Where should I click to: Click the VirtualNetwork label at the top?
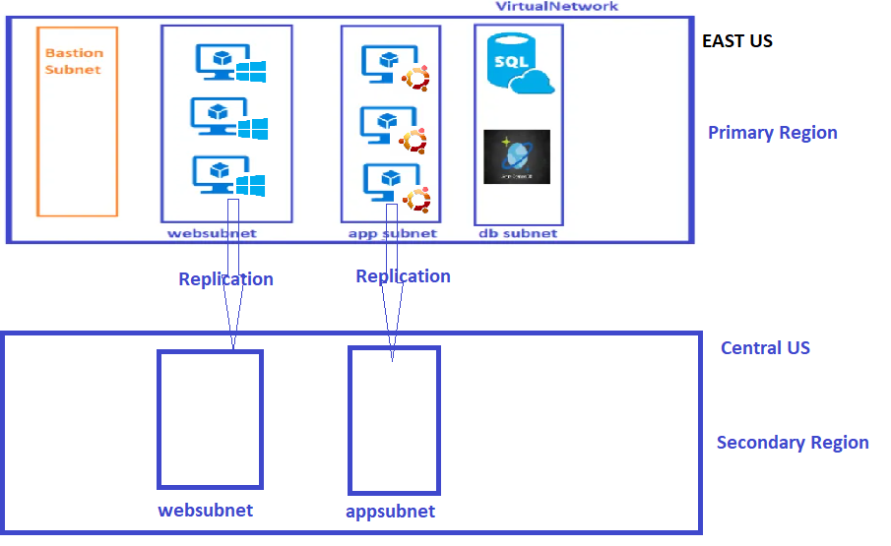(x=556, y=7)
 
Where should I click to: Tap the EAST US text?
(x=736, y=41)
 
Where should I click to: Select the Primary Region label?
(x=772, y=133)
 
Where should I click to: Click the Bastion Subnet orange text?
(x=74, y=61)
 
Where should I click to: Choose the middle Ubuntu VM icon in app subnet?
(x=396, y=128)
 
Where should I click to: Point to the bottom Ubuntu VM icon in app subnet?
(x=396, y=185)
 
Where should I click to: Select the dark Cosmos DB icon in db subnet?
(x=517, y=156)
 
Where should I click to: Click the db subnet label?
(x=518, y=233)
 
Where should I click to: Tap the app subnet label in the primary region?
(x=392, y=233)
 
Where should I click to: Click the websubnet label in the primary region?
(x=212, y=233)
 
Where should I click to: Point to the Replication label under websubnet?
(x=225, y=279)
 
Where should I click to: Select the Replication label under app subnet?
(x=403, y=276)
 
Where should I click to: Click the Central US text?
(x=765, y=348)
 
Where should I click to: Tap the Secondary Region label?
(x=792, y=443)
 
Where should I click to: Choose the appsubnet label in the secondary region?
(x=390, y=512)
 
